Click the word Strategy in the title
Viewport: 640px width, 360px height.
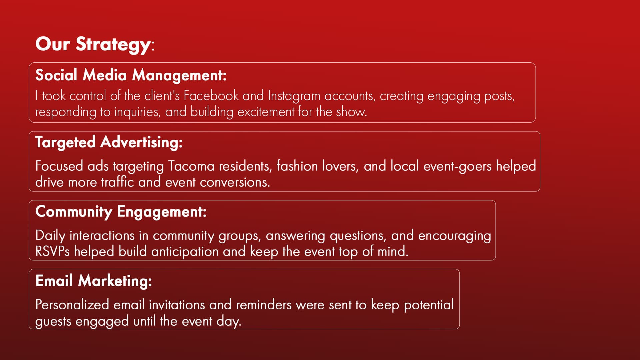pos(113,45)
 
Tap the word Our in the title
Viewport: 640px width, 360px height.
pos(53,44)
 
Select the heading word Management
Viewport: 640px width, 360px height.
pos(179,75)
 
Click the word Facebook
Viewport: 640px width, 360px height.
pos(211,96)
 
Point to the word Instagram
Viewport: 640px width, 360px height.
pos(294,96)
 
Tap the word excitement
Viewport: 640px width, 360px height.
pos(266,112)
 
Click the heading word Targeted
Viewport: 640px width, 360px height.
pos(65,142)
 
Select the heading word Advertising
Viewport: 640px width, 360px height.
pos(141,142)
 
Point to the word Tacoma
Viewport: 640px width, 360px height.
pos(191,166)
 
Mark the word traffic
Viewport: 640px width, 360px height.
pos(117,182)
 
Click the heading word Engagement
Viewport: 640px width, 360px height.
pos(162,212)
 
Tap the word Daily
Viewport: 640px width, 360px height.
pos(50,236)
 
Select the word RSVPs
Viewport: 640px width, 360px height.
pos(52,251)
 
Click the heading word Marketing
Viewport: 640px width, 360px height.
pos(115,281)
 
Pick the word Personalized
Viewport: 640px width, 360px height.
pos(72,305)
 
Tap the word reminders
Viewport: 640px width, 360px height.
pos(264,305)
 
